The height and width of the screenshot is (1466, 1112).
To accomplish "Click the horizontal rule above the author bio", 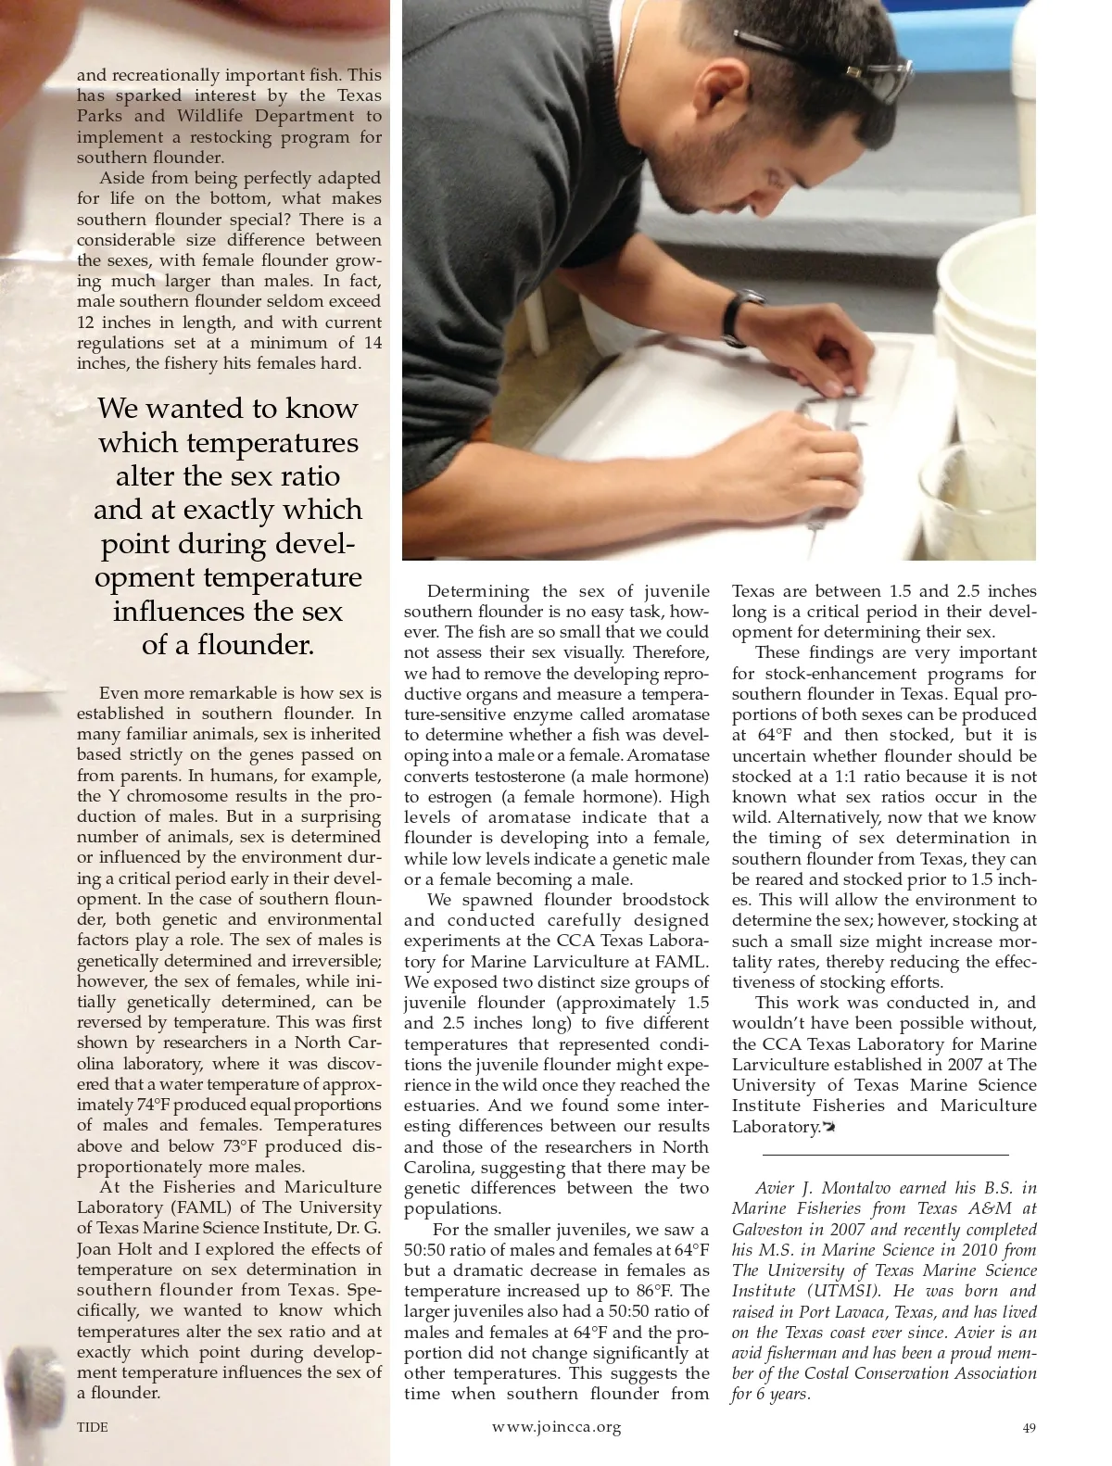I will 885,1155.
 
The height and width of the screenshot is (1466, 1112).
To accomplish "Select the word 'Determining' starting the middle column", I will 478,591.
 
